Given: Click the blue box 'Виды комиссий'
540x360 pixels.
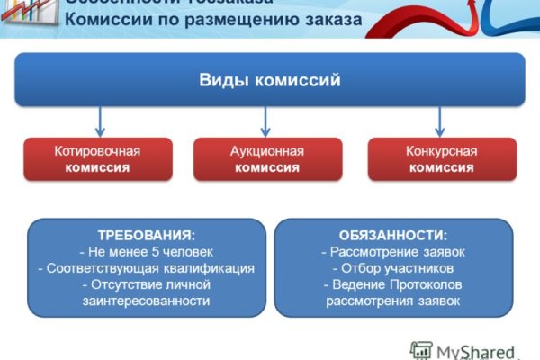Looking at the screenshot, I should coord(269,81).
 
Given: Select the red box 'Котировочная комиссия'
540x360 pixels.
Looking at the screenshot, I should coord(96,159).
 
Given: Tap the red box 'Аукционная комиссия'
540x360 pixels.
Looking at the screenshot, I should coord(267,159).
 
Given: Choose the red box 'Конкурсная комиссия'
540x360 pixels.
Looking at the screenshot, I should coord(442,159).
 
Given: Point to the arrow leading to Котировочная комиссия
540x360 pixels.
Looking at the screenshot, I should coord(100,121).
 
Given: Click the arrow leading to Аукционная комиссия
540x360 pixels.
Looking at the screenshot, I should coord(265,121).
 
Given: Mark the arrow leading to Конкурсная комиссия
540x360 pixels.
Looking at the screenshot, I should coord(439,121).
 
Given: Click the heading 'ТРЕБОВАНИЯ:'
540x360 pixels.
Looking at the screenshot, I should coord(146,235).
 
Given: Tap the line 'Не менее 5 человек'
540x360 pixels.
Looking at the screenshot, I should coord(146,251).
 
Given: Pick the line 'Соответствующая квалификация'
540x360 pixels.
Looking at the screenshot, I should coord(146,268).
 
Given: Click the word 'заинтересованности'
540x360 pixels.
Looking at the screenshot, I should coord(146,301).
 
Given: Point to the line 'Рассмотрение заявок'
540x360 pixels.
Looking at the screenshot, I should coord(392,251).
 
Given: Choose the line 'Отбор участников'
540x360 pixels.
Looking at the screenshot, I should coord(392,268).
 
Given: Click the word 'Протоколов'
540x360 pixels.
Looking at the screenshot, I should coord(426,284).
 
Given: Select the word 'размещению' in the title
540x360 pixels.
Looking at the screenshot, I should coord(220,20).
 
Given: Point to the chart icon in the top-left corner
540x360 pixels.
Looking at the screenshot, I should coord(24,11).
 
